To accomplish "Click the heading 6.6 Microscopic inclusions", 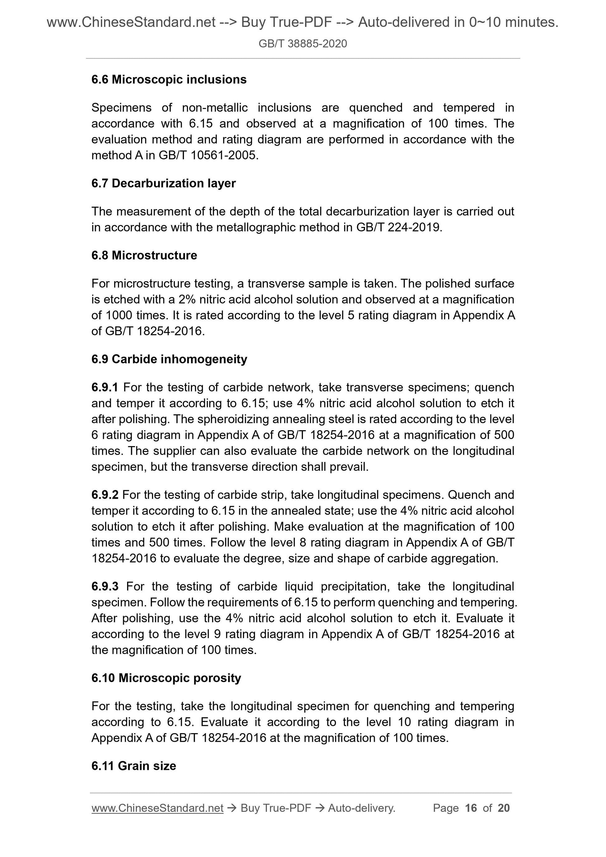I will click(169, 79).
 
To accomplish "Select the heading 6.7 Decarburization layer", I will click(163, 183).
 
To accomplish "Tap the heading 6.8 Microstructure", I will click(144, 255).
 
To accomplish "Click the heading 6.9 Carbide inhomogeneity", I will click(169, 359).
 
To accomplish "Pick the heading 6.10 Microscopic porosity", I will click(166, 678).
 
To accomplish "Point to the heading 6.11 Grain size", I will click(134, 766).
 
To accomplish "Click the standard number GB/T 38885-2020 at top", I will click(302, 44).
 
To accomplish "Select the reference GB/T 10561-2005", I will click(208, 155).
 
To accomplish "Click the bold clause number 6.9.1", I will click(105, 388).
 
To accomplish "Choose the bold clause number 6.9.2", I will click(105, 495).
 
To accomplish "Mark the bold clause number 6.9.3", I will click(105, 586).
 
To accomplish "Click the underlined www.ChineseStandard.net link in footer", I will click(157, 808).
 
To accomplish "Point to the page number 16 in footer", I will click(471, 808).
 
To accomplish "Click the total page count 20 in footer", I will click(503, 808).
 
